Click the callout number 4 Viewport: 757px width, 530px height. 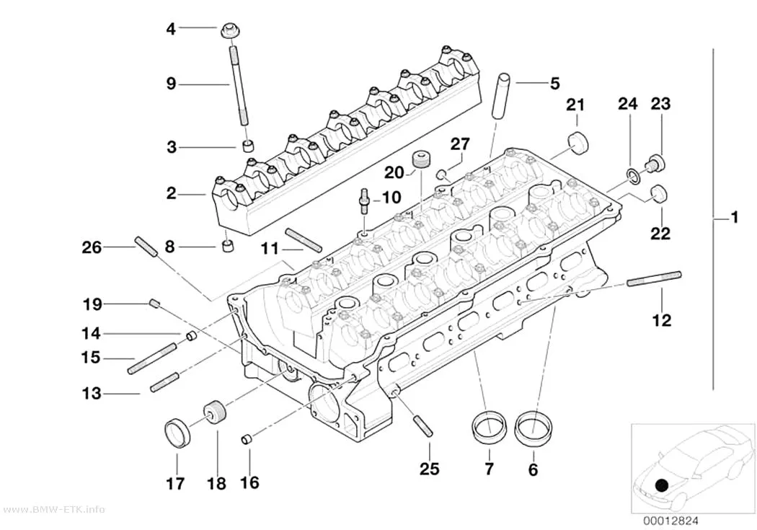[171, 29]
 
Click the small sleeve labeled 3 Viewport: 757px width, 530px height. [248, 145]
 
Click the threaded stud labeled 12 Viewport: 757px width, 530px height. [654, 280]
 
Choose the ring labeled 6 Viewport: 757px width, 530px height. [533, 428]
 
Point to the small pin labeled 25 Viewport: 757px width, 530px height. [422, 426]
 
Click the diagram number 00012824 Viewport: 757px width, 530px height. [670, 521]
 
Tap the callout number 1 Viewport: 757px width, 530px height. [734, 218]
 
